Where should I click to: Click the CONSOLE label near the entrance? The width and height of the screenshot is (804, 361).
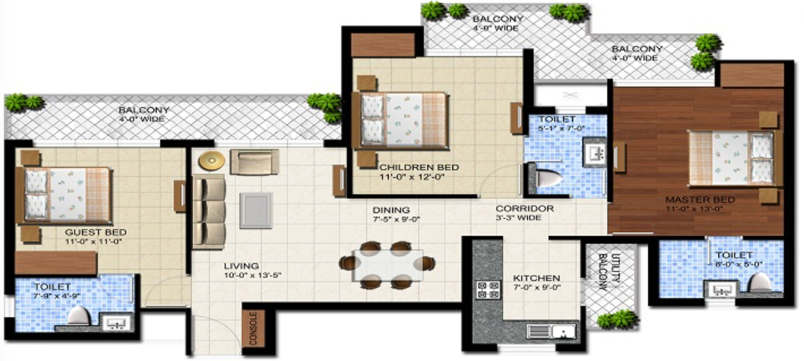point(252,328)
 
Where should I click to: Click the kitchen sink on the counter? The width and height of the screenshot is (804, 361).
point(552,332)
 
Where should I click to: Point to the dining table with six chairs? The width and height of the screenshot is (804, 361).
point(387,263)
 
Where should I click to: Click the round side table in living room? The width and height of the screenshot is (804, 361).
point(211,161)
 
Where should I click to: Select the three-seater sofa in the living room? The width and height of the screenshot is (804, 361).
point(209,212)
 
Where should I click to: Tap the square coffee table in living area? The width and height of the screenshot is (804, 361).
point(256,210)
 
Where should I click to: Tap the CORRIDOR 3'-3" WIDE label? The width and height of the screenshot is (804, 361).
point(525,213)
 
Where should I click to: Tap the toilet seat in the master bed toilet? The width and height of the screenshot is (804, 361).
point(759,281)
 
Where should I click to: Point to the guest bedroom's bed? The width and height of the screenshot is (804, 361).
point(67,195)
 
